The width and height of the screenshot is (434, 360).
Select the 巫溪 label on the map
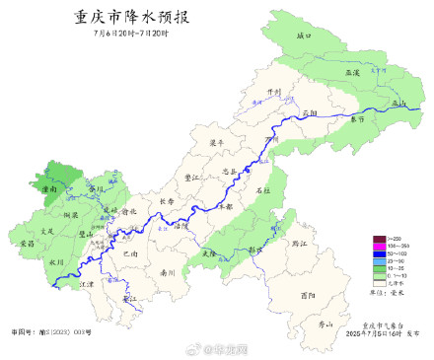(x=352, y=72)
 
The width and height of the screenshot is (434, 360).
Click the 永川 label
(x=56, y=261)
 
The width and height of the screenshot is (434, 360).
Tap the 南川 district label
(x=168, y=270)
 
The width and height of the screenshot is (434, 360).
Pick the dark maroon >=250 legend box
(x=379, y=239)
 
